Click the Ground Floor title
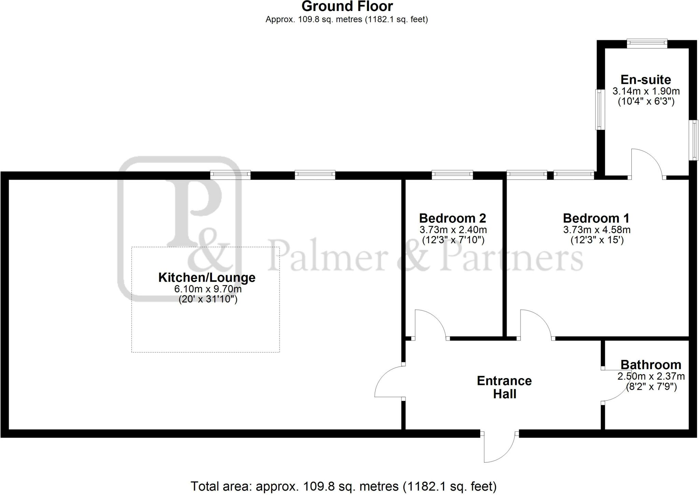point(347,6)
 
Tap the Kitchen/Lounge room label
point(207,277)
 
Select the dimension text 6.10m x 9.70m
point(208,289)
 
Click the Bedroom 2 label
point(453,218)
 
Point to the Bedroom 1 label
point(596,218)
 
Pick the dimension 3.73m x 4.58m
point(597,230)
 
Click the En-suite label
point(646,80)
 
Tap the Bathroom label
point(651,365)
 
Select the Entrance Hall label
point(504,387)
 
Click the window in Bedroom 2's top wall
point(452,175)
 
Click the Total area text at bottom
point(343,486)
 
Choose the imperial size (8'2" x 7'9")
point(651,387)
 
